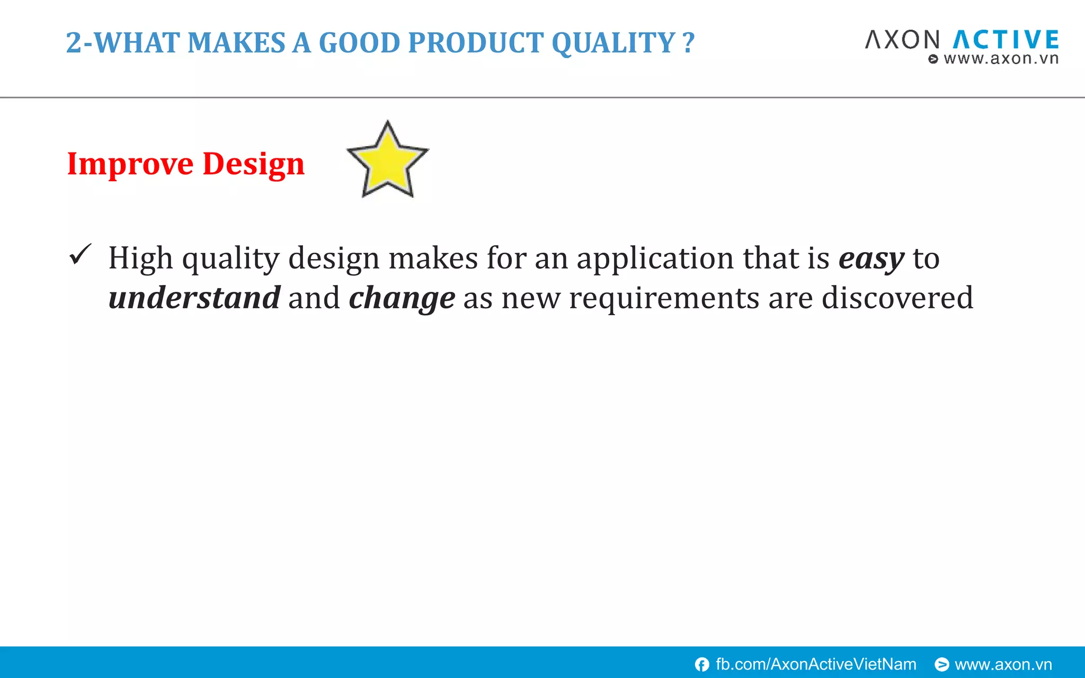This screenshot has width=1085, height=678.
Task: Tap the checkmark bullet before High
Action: (x=81, y=255)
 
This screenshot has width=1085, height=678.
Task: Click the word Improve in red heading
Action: (x=130, y=164)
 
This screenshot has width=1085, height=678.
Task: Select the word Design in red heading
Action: (x=253, y=164)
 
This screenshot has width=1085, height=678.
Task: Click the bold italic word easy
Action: (x=871, y=259)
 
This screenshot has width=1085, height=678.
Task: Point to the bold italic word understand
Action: (x=194, y=298)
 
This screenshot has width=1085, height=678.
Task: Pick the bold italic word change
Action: (x=402, y=299)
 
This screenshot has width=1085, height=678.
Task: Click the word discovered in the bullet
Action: (x=897, y=298)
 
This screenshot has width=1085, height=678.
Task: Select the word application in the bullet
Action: (x=655, y=259)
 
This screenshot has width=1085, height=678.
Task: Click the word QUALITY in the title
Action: (x=613, y=43)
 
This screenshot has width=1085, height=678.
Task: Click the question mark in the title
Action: (x=688, y=43)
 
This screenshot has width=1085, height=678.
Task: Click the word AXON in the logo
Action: (x=902, y=40)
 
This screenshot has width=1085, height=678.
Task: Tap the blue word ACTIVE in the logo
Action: (x=1006, y=40)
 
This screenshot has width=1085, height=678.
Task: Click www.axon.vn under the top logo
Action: (x=1000, y=59)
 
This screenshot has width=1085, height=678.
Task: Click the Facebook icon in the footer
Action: (x=702, y=664)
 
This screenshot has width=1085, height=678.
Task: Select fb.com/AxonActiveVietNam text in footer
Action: (x=815, y=664)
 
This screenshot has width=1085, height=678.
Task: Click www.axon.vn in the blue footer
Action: (x=1003, y=664)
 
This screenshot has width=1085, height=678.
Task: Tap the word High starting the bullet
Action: (x=140, y=259)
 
